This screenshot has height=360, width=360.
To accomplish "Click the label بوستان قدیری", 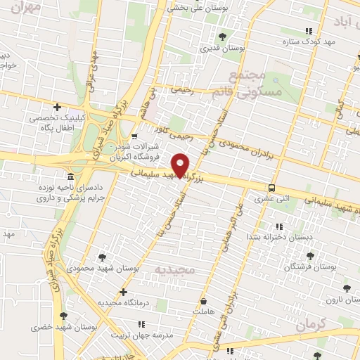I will pos(223,49).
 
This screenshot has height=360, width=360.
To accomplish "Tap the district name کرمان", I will pos(312,326).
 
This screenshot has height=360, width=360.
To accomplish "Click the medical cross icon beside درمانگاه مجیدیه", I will pos(123,291).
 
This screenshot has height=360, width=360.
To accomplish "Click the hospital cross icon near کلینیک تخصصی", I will pos(67,107).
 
